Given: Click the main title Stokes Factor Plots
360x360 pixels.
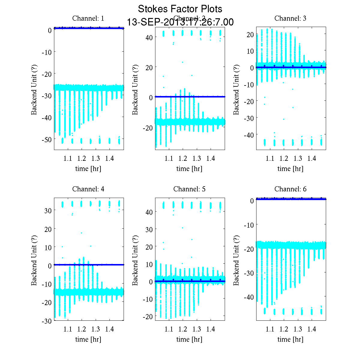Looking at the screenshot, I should click(x=180, y=9).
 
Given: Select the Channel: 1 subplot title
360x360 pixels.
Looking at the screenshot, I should click(x=88, y=18).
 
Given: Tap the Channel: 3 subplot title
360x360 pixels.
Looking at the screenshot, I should click(x=290, y=18).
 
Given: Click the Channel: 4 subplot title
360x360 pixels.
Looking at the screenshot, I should click(x=88, y=189).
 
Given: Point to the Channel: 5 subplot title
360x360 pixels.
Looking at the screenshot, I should click(x=189, y=189).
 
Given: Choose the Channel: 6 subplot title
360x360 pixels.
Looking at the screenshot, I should click(x=290, y=189).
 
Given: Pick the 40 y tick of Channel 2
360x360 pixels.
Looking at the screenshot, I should click(x=149, y=37).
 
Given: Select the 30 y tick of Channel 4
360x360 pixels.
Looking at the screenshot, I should click(x=48, y=211).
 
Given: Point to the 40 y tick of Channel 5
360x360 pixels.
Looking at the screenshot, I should click(x=149, y=212).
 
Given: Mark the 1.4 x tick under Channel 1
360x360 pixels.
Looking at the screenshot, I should click(x=109, y=158).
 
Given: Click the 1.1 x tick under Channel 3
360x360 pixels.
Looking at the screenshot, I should click(x=270, y=158).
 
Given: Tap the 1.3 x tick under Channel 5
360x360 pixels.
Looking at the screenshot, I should click(x=197, y=329).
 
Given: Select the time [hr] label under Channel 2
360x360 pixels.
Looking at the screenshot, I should click(x=189, y=169).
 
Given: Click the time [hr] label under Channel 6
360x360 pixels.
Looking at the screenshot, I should click(x=290, y=339).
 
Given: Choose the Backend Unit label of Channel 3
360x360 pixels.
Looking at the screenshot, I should click(x=236, y=89).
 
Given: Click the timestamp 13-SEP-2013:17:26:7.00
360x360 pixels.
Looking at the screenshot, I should click(x=180, y=22).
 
